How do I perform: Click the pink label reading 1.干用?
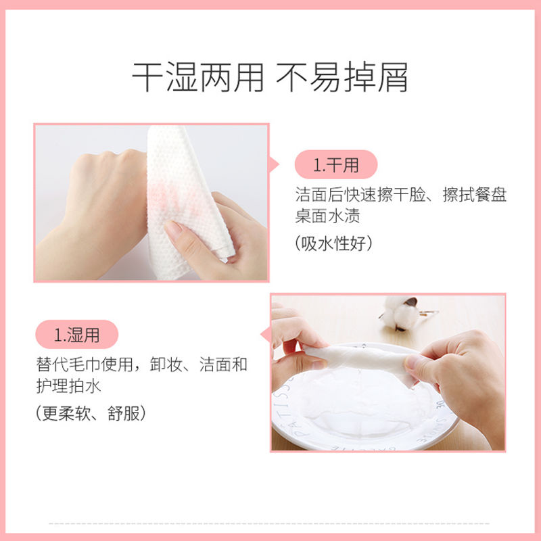click(x=335, y=164)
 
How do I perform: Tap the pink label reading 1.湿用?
click(x=76, y=334)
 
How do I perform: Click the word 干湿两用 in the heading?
click(x=197, y=77)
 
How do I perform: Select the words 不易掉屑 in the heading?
click(x=342, y=77)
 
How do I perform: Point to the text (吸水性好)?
click(x=333, y=243)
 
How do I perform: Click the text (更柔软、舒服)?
click(x=91, y=413)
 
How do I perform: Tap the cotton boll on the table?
click(x=401, y=312)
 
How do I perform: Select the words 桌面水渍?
click(x=327, y=216)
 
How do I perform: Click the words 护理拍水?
click(x=69, y=385)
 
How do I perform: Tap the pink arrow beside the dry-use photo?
click(x=273, y=164)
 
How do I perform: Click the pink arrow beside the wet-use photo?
click(x=265, y=335)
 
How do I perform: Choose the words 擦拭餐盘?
click(x=475, y=195)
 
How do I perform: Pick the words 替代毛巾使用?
click(x=85, y=364)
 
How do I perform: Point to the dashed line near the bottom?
click(x=269, y=523)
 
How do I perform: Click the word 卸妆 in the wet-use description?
click(x=166, y=364)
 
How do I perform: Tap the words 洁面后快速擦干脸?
click(x=360, y=195)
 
